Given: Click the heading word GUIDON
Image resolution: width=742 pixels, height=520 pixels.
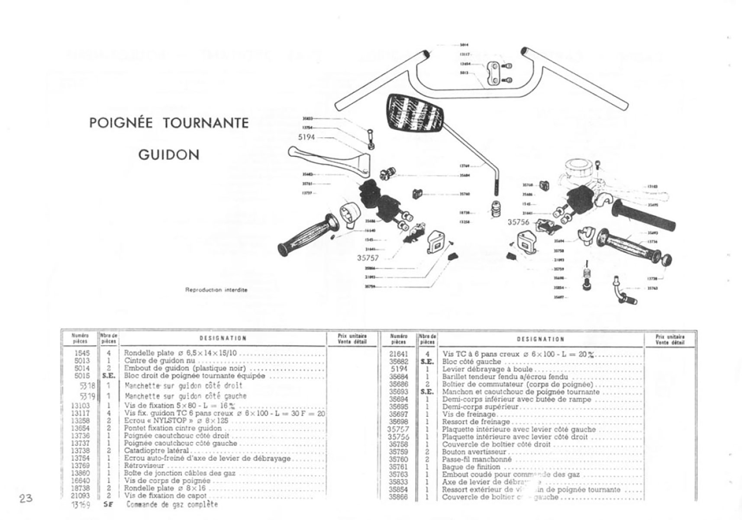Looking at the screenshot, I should coord(169,155).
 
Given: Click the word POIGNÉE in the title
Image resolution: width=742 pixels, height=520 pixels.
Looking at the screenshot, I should coord(121,123).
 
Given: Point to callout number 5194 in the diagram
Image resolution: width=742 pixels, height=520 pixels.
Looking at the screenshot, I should coord(306,137).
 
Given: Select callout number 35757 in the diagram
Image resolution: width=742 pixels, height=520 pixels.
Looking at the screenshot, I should coord(368,258).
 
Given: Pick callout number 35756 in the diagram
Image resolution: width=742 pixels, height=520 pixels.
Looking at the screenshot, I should coord(518,222).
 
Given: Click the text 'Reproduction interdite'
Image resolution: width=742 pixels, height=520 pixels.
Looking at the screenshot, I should coord(216,290).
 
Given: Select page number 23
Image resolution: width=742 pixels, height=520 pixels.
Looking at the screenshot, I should coord(26,498).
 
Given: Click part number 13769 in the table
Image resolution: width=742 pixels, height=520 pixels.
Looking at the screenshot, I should coord(81,466).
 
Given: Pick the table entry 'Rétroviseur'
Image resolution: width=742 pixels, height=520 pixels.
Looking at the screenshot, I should coord(144,466).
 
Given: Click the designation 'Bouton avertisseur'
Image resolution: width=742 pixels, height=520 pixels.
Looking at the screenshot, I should coord(474,452).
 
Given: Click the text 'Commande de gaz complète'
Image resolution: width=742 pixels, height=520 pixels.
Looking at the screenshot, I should coord(172,504).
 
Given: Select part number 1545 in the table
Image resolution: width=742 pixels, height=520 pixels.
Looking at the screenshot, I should coord(82,353).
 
